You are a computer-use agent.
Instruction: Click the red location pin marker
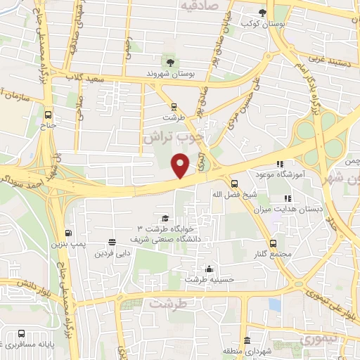pyautogui.click(x=181, y=165)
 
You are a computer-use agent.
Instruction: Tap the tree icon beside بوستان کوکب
pyautogui.click(x=263, y=13)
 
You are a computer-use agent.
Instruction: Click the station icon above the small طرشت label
pyautogui.click(x=173, y=108)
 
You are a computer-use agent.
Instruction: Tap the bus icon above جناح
pyautogui.click(x=48, y=115)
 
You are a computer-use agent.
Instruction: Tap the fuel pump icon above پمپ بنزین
pyautogui.click(x=67, y=233)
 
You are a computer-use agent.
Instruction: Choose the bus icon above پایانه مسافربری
pyautogui.click(x=22, y=333)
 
